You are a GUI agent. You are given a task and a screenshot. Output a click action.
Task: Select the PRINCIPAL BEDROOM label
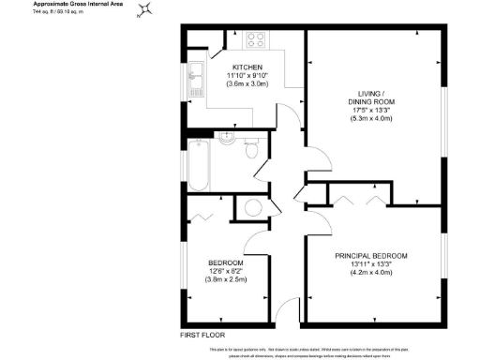click(371, 255)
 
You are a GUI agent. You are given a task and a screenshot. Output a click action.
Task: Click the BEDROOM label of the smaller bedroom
click(226, 262)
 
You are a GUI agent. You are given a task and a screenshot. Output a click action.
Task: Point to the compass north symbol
click(143, 11)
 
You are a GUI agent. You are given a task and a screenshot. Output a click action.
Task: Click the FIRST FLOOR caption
click(202, 335)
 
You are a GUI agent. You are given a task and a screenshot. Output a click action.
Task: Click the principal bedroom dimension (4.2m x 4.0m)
click(371, 273)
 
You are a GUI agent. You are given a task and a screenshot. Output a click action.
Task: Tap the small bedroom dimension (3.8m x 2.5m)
click(226, 279)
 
